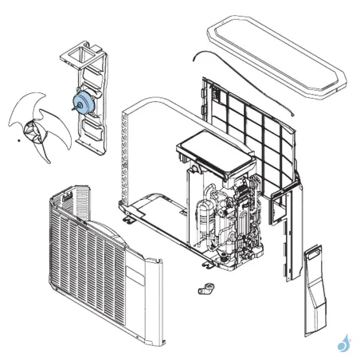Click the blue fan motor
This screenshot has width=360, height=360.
pyautogui.click(x=81, y=101)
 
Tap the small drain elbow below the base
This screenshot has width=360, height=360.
pyautogui.click(x=204, y=288)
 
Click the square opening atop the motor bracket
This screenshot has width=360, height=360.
pyautogui.click(x=76, y=56)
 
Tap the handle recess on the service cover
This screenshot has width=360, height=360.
pyautogui.click(x=315, y=256)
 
